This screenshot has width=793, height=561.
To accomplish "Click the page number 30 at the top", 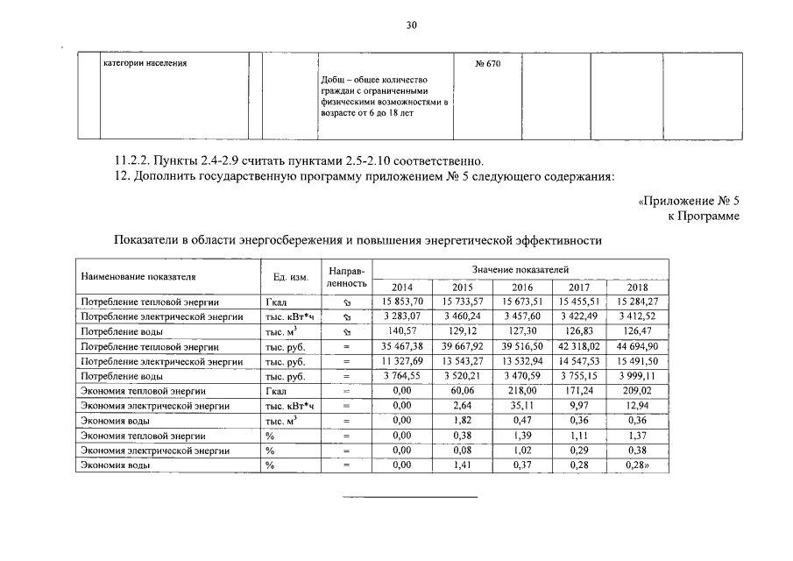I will [412, 25].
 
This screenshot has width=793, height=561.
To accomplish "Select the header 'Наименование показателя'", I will [138, 277].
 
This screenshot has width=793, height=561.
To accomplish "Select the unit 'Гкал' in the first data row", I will [277, 302].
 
